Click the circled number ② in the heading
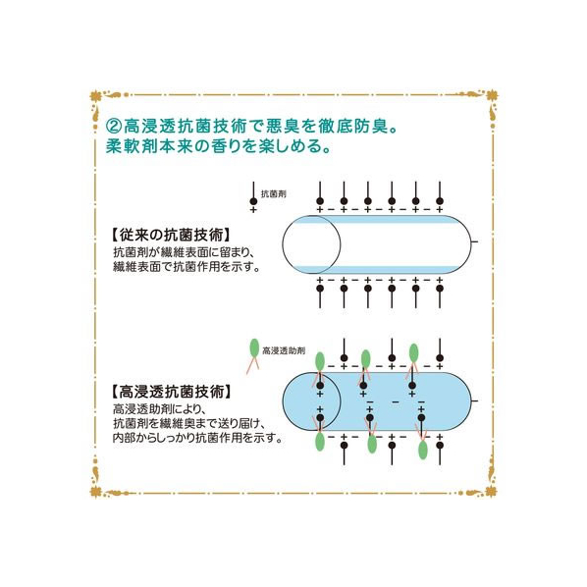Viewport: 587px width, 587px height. point(114,127)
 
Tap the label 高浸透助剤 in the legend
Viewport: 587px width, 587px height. point(284,350)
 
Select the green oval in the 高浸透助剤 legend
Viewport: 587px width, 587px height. point(254,347)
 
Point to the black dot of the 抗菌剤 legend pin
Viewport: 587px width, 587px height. point(253,201)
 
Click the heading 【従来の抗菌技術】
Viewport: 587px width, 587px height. point(171,235)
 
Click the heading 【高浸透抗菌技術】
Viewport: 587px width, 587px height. point(171,392)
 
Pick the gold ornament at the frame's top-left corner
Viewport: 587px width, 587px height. point(96,96)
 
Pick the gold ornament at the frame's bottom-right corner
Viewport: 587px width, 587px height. point(491,491)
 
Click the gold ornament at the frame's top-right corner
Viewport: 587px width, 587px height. point(491,96)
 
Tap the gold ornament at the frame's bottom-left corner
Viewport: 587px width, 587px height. point(96,491)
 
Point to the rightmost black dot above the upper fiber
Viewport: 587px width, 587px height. point(440,201)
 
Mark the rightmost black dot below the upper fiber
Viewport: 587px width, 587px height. point(440,289)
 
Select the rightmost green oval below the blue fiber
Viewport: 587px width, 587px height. point(423,450)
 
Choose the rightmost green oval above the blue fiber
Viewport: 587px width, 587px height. point(413,352)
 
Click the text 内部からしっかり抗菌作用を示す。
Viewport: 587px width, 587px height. point(198,438)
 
